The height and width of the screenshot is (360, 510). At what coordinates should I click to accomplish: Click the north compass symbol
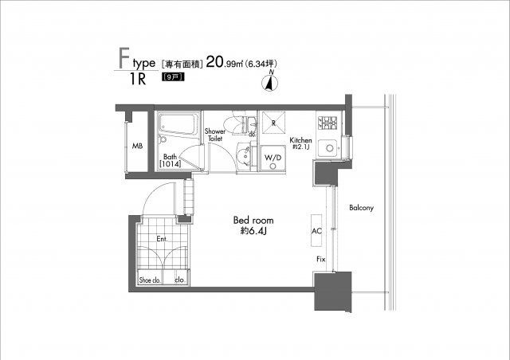point(269,81)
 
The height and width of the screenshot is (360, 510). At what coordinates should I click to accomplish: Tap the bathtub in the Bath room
point(178,124)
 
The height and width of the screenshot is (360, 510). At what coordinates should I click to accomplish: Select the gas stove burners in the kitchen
point(328,123)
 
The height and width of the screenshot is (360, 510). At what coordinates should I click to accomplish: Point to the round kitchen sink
point(329,148)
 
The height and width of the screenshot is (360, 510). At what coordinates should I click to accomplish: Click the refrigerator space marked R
point(273,123)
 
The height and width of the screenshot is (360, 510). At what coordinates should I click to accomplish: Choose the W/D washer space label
point(273,158)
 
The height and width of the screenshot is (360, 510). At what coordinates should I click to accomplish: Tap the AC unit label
point(316,231)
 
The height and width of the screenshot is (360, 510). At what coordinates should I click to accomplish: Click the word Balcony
point(361,208)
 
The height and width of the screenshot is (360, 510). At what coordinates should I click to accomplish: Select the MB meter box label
point(137,147)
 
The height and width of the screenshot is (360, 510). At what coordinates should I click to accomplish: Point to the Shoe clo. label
point(150,280)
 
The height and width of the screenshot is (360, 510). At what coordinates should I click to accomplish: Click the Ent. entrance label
point(162,239)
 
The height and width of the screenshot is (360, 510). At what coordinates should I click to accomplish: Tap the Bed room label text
point(253,221)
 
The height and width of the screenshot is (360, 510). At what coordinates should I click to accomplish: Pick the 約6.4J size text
point(253,231)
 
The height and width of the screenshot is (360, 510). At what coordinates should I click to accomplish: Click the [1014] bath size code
point(170,164)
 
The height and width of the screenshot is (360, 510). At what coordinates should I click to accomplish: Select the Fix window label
point(321,259)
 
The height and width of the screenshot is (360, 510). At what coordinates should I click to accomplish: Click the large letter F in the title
point(124,58)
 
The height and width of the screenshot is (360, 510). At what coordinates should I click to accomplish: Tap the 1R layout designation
point(138,79)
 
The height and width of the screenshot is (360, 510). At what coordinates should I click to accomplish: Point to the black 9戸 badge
point(173,77)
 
